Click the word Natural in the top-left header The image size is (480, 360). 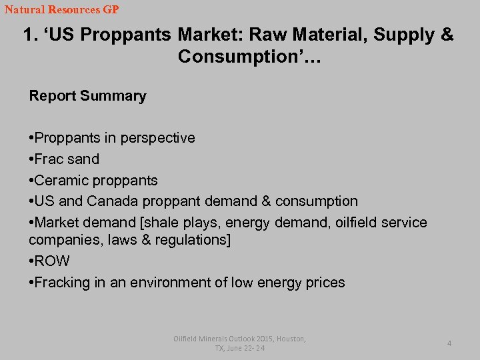coord(23,10)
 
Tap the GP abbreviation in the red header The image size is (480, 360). coord(109,10)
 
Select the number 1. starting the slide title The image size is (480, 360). coord(29,35)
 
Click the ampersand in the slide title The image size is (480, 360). coord(447,35)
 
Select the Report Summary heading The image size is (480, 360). coord(87,96)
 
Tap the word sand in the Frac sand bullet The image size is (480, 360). coord(83,159)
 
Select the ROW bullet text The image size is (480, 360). coord(51,261)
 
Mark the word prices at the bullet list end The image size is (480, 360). coord(325,283)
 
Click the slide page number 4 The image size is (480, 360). coord(449,343)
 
